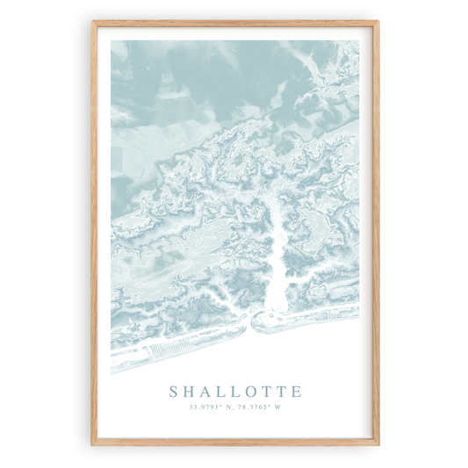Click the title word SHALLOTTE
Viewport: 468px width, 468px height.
tap(234, 392)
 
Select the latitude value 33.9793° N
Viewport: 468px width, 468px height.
tap(212, 406)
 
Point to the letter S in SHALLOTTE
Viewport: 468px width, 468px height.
tap(173, 392)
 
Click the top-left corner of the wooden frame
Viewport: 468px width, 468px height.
tap(93, 22)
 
